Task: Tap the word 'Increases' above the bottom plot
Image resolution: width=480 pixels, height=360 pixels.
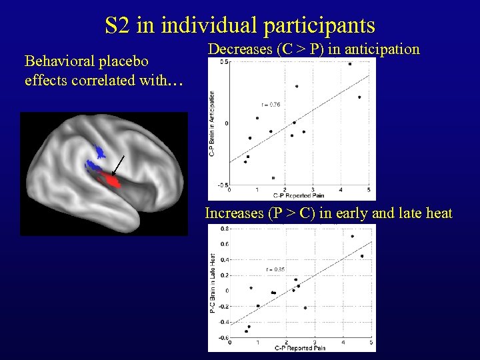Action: click(x=234, y=213)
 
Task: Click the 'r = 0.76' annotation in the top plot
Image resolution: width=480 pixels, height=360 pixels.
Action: click(x=271, y=105)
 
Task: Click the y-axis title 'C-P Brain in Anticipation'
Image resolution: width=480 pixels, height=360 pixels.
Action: click(x=212, y=123)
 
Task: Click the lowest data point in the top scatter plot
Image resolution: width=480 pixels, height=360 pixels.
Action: click(x=273, y=178)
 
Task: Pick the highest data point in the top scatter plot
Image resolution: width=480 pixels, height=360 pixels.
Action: click(x=350, y=64)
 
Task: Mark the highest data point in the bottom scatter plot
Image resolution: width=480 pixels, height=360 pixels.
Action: click(x=352, y=236)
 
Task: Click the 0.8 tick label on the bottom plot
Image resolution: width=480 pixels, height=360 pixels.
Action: click(x=225, y=229)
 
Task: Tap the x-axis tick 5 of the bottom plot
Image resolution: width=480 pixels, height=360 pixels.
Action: click(x=371, y=343)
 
